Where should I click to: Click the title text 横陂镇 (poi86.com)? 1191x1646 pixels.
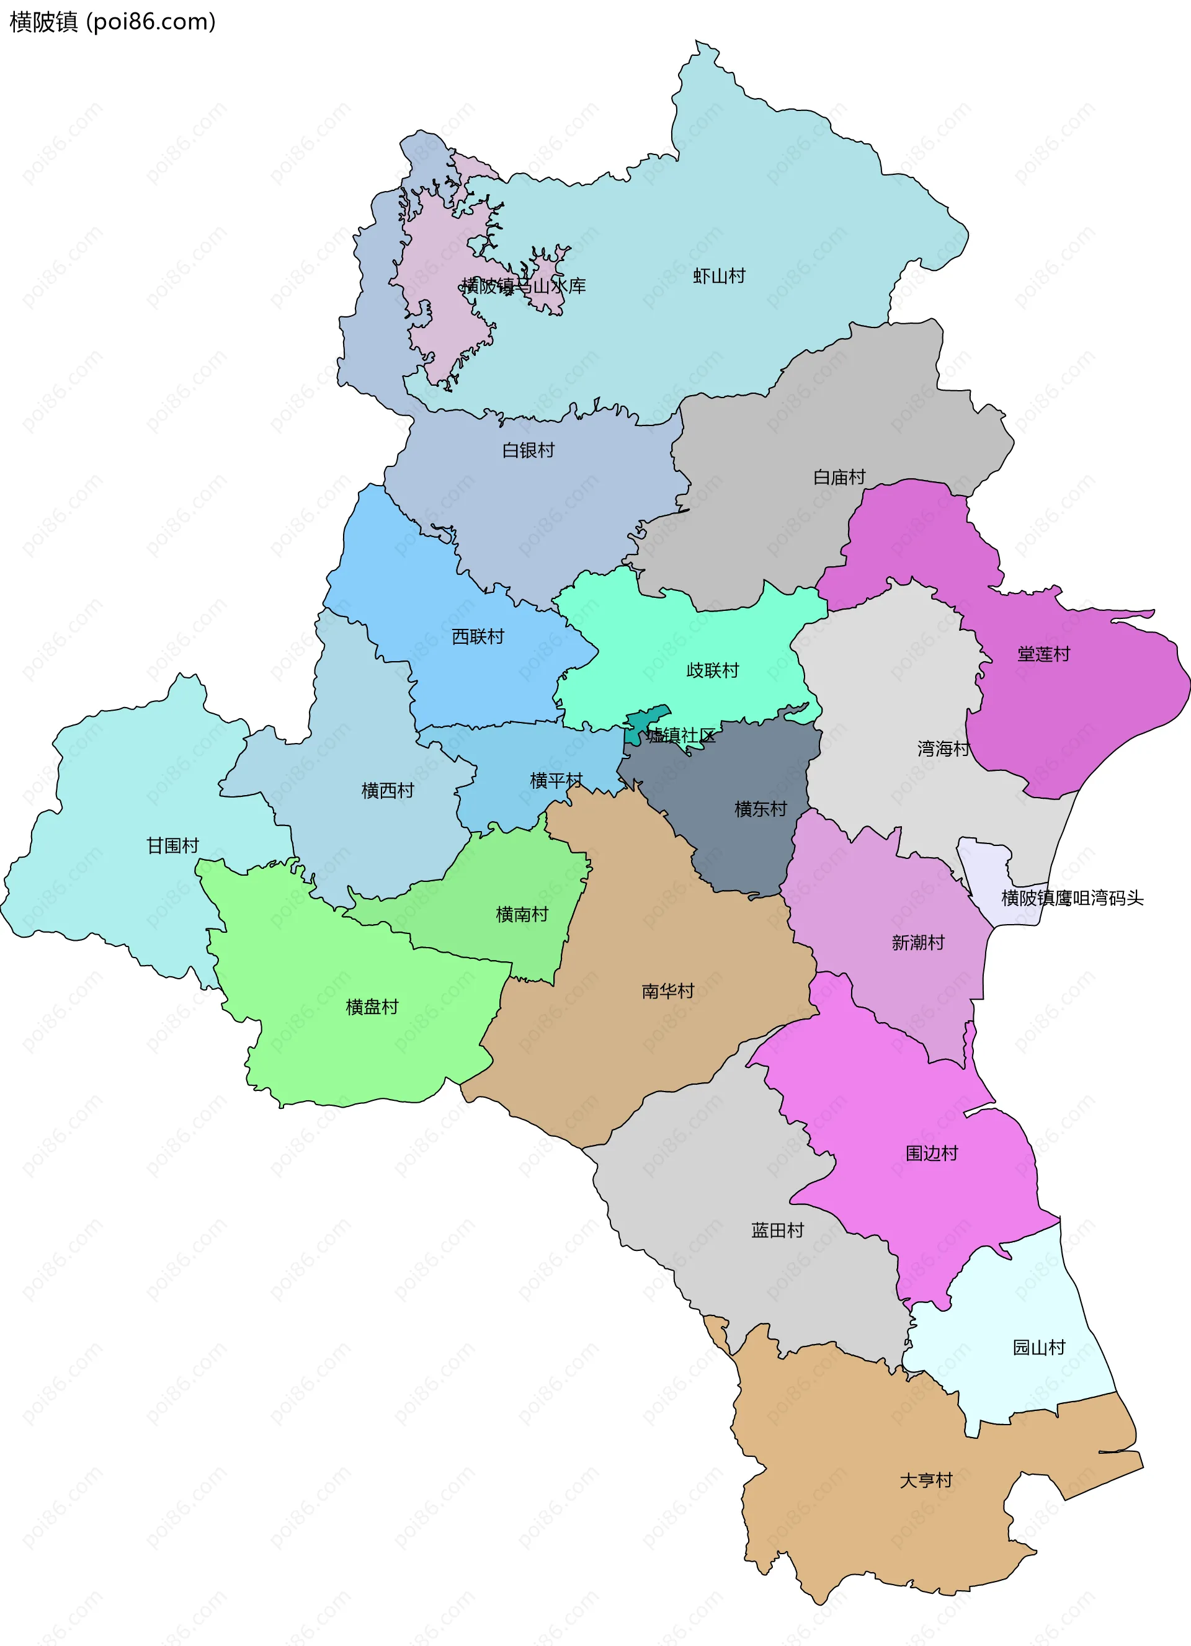(112, 22)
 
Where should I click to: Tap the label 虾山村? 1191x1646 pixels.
(718, 276)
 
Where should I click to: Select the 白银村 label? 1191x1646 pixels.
(529, 450)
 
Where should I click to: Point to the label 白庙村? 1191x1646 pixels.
(839, 477)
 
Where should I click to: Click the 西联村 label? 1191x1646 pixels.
(478, 636)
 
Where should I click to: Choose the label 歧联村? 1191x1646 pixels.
(712, 670)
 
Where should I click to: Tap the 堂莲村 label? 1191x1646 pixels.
(1043, 654)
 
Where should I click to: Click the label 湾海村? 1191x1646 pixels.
(943, 748)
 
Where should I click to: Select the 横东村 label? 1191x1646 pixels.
(760, 809)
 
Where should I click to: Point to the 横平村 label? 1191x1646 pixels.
(556, 780)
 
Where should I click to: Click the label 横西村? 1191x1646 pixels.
(388, 790)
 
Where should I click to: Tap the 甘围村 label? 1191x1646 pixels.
(172, 845)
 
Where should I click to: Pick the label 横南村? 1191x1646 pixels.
(521, 914)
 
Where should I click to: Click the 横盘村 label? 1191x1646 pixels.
(372, 1007)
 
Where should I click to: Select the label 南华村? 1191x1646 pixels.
(667, 990)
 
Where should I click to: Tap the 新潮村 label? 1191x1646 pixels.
(917, 943)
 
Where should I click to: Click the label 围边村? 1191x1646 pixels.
(931, 1153)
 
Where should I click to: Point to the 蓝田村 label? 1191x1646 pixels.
(777, 1230)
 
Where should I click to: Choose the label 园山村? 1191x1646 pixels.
(1038, 1348)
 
